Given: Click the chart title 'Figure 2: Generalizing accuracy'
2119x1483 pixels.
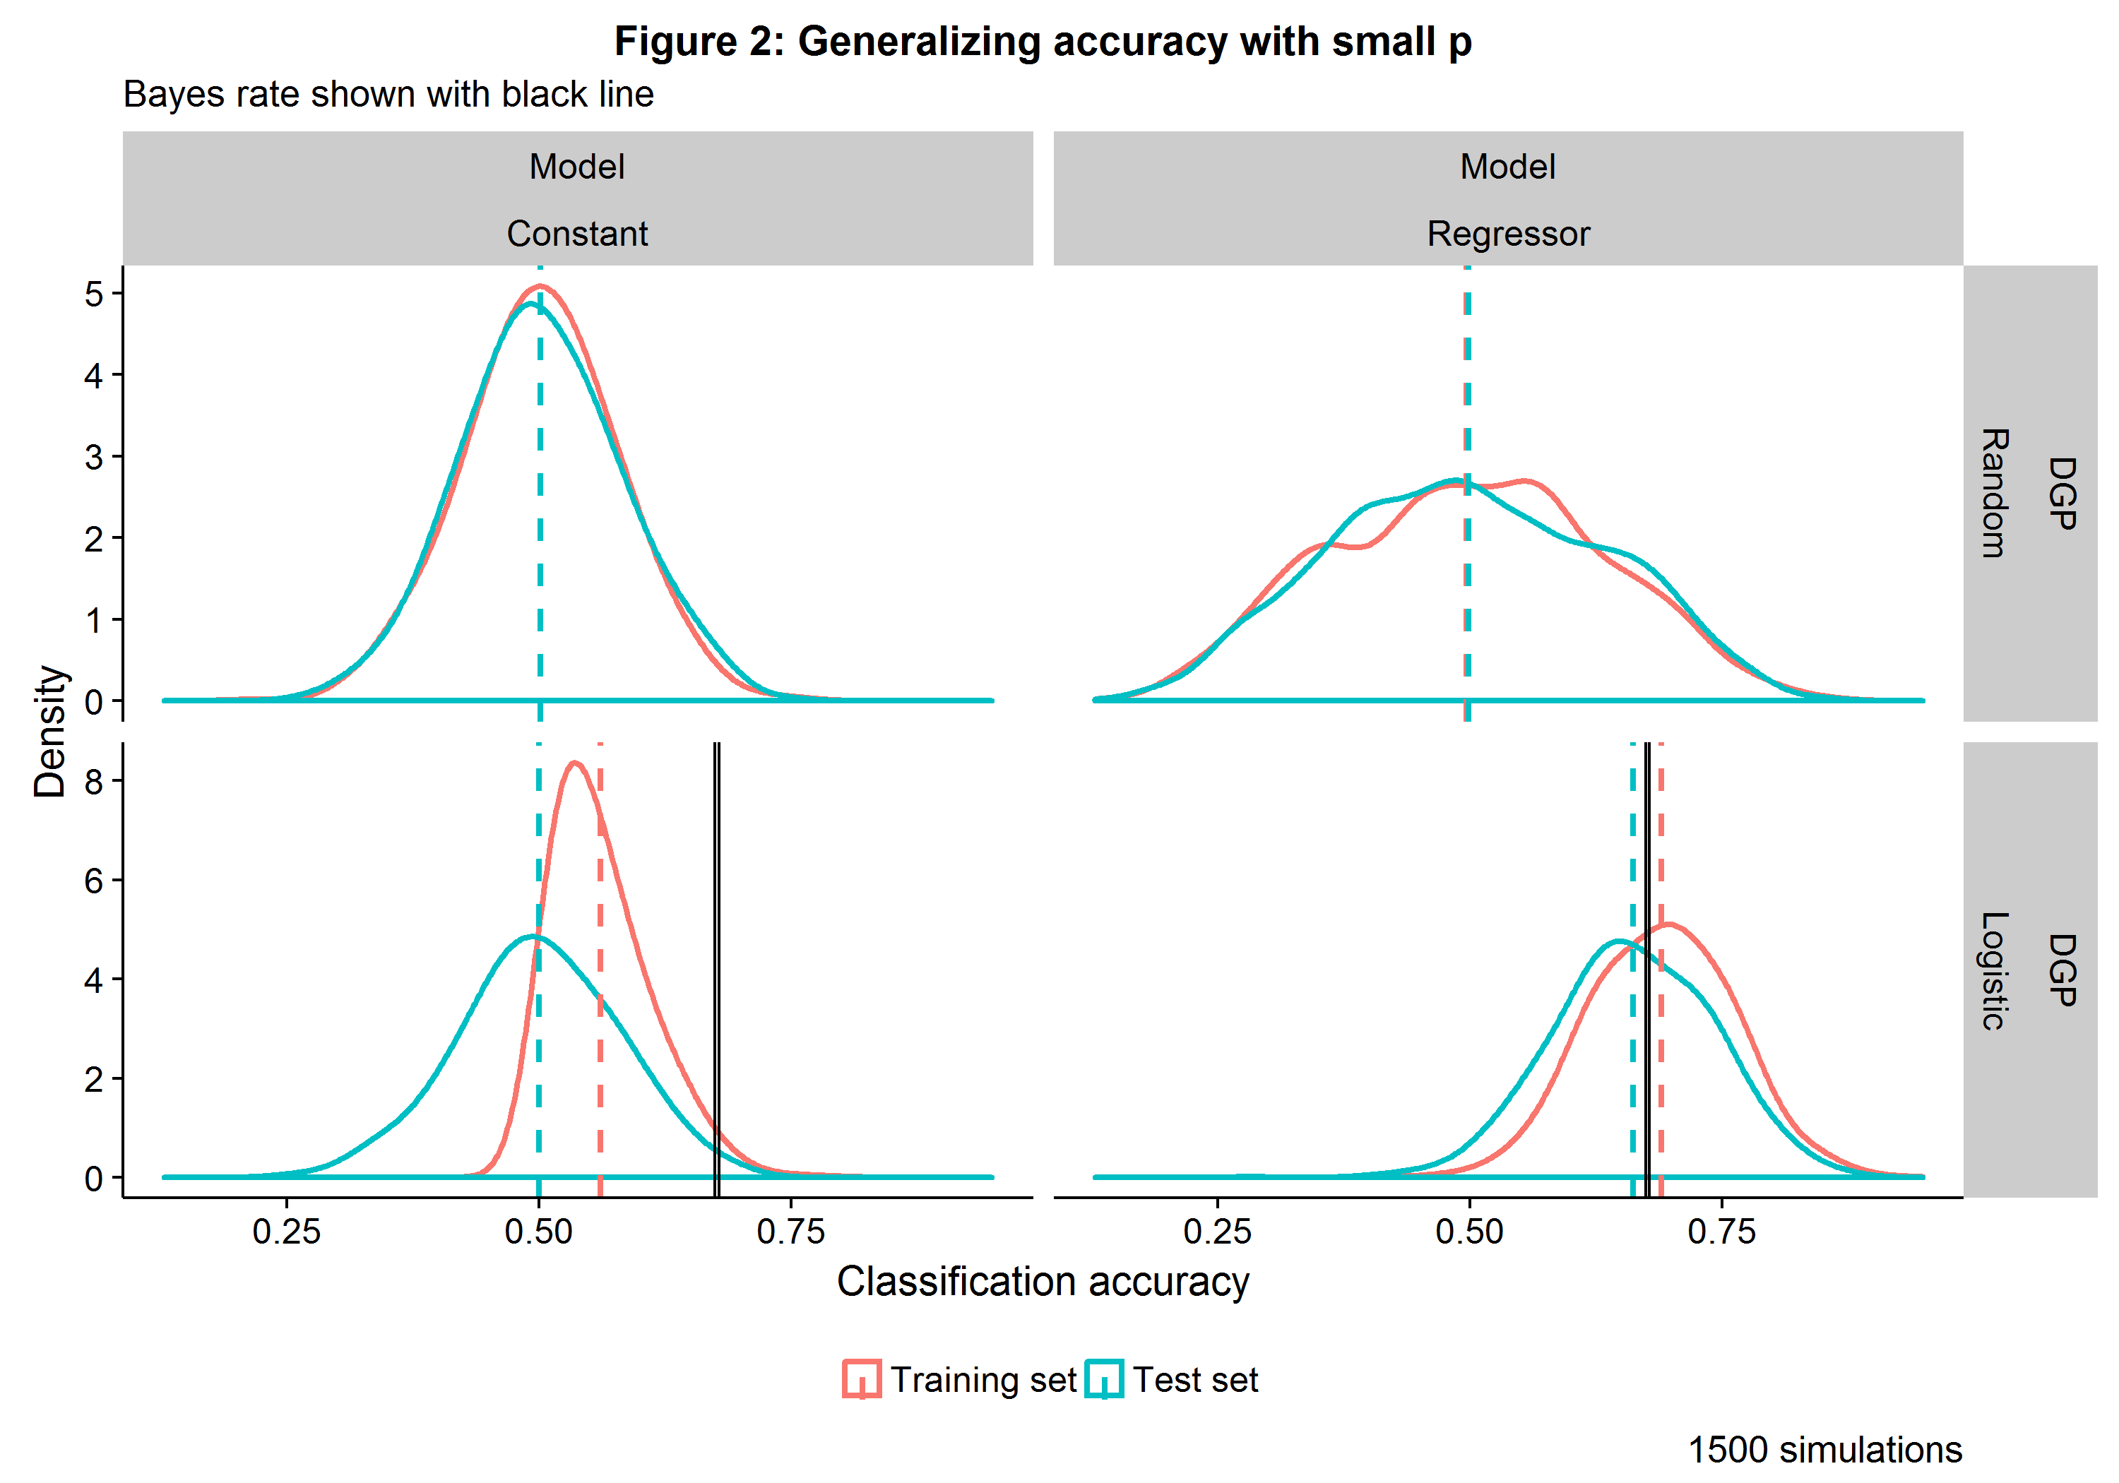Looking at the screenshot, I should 1042,42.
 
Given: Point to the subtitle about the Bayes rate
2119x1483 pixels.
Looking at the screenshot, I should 388,94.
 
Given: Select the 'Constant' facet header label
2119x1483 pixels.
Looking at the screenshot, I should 577,234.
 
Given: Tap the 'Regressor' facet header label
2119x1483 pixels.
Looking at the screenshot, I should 1508,234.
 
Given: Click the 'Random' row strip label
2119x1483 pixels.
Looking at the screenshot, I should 1993,493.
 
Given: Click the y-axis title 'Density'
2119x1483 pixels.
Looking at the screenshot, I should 50,731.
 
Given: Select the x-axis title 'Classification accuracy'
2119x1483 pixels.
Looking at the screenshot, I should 1042,1281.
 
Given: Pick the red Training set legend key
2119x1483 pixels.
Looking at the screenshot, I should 862,1378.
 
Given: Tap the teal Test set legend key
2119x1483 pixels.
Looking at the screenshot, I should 1104,1378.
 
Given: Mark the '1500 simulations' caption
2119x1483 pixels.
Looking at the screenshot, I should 1824,1450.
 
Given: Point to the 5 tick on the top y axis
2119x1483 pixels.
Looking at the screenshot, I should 94,294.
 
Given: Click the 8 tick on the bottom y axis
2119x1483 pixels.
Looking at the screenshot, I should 94,782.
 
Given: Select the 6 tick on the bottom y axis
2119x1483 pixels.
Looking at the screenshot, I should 94,881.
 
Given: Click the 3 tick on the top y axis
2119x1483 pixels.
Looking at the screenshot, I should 94,457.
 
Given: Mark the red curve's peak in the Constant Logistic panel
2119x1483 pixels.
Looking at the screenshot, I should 575,763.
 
